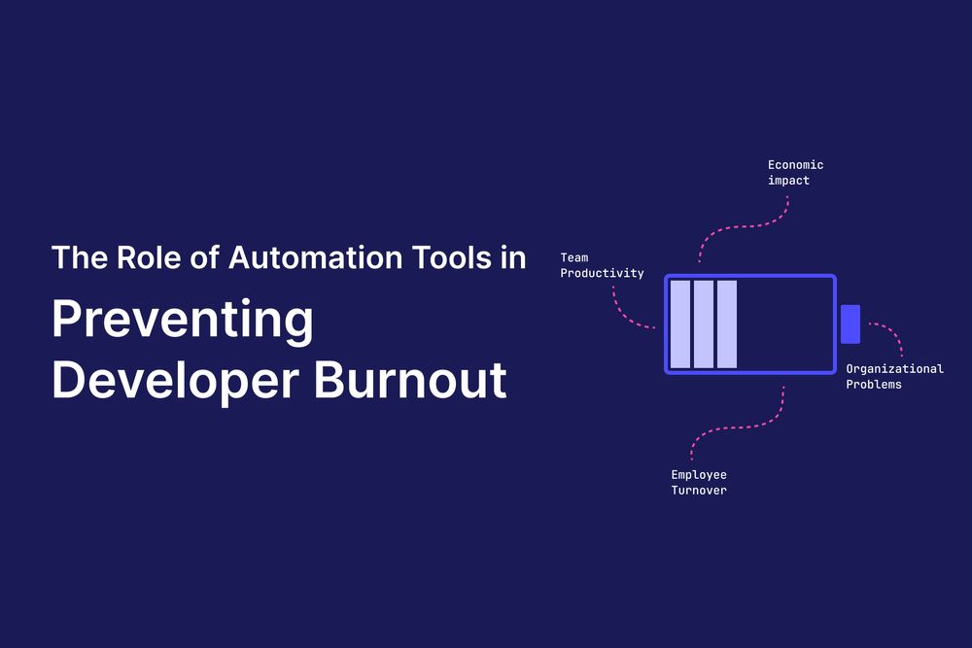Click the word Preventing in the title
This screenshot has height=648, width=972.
[183, 322]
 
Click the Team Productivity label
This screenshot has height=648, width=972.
[602, 265]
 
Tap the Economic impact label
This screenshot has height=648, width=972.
[795, 172]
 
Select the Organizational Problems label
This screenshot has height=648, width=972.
[894, 376]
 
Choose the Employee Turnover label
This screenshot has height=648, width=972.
[699, 482]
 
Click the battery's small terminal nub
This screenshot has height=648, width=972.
[850, 324]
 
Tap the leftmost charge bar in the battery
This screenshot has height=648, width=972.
[680, 324]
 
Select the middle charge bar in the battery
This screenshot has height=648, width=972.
[704, 324]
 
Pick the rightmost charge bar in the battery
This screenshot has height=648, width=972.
[727, 324]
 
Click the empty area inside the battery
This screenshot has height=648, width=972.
[785, 324]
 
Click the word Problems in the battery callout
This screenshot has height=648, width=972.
[874, 384]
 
